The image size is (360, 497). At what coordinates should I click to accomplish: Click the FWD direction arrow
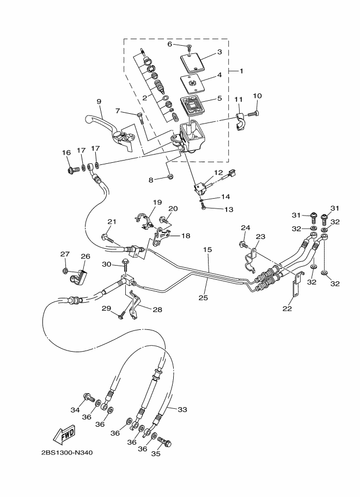click(x=65, y=434)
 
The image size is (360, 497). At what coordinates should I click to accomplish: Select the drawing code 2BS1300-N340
click(x=67, y=452)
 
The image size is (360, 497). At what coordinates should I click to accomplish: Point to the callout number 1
click(x=241, y=71)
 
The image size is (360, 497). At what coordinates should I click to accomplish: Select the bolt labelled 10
click(x=253, y=113)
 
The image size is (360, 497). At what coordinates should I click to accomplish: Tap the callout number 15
click(x=207, y=250)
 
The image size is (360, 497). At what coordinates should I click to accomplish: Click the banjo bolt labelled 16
click(x=72, y=170)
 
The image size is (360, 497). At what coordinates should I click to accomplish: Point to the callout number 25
click(x=203, y=298)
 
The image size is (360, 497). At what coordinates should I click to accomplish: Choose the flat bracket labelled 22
click(x=296, y=285)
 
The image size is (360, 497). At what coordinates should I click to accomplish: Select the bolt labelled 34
click(x=89, y=397)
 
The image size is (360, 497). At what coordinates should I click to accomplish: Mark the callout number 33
click(x=182, y=409)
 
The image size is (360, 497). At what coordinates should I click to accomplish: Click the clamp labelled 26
click(x=78, y=275)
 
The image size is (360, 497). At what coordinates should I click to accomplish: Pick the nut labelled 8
click(x=170, y=177)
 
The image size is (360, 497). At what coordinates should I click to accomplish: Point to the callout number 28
click(x=157, y=309)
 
